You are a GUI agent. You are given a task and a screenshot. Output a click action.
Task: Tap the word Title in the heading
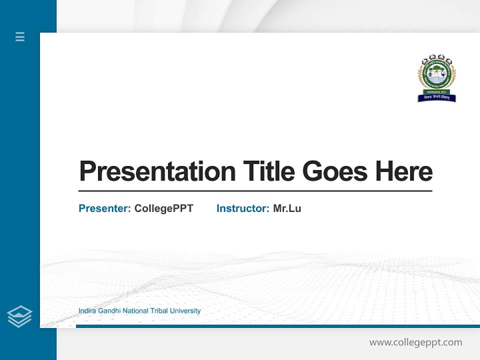[268, 171]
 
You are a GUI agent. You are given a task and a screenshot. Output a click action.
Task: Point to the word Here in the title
[404, 171]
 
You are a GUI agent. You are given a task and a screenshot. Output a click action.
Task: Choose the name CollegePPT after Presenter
[164, 208]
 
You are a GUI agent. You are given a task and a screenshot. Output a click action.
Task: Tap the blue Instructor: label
[243, 208]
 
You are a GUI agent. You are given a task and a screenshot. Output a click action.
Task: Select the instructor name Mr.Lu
[287, 208]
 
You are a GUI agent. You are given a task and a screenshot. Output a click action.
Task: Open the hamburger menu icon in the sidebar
[20, 36]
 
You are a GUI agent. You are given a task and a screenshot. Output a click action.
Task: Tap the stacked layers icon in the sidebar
[19, 316]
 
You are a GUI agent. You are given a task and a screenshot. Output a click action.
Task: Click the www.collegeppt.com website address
[415, 342]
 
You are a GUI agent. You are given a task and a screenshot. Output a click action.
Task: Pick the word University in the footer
[185, 311]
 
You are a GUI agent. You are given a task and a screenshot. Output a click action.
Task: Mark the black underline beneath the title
[255, 191]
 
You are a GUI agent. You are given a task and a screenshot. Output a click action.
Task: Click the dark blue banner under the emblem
[436, 98]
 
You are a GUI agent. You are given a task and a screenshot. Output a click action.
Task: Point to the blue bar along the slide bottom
[277, 326]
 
